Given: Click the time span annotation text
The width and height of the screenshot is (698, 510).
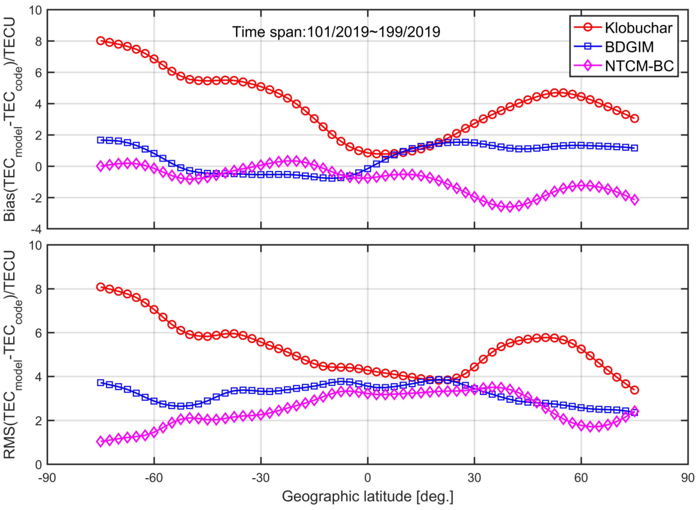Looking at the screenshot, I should coord(336,32).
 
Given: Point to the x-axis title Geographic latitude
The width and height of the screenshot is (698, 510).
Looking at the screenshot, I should coord(367,497).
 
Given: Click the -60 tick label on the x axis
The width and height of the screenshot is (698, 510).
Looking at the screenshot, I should coord(154,478).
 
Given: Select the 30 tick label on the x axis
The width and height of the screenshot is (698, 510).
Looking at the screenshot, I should coord(474,478).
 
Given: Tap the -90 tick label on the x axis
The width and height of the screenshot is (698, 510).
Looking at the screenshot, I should coord(47,478).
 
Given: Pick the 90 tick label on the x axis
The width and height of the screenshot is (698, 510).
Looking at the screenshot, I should coord(688,478).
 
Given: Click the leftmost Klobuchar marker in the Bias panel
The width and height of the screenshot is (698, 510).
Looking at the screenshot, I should coord(100,40).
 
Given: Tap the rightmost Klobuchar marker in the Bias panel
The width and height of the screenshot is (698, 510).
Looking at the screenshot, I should coord(635,119).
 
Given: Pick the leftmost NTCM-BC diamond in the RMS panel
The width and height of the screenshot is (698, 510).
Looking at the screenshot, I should coord(100,442).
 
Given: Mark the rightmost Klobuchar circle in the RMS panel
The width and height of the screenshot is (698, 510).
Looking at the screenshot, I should coord(635,390).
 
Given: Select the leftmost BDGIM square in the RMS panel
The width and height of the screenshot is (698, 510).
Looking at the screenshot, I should coord(100,383).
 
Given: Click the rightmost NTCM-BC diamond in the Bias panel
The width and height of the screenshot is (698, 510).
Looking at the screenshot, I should coord(635,200).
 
